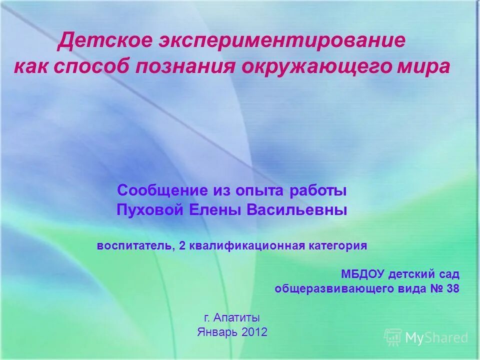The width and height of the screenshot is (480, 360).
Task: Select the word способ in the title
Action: point(103,66)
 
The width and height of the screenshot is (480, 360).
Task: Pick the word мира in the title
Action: point(425,66)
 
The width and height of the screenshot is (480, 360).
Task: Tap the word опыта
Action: point(262,190)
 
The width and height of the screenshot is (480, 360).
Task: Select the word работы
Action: point(318,190)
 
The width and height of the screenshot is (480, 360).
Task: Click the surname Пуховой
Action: point(150,210)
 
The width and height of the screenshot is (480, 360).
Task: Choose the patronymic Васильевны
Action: point(297,210)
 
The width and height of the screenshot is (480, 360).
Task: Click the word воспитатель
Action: point(135,246)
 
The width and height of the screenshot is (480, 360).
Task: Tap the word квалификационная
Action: point(247,246)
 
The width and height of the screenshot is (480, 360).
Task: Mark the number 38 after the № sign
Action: point(452,289)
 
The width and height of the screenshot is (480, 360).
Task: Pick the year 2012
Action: point(254,332)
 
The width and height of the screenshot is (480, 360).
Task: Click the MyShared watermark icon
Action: point(393,337)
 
